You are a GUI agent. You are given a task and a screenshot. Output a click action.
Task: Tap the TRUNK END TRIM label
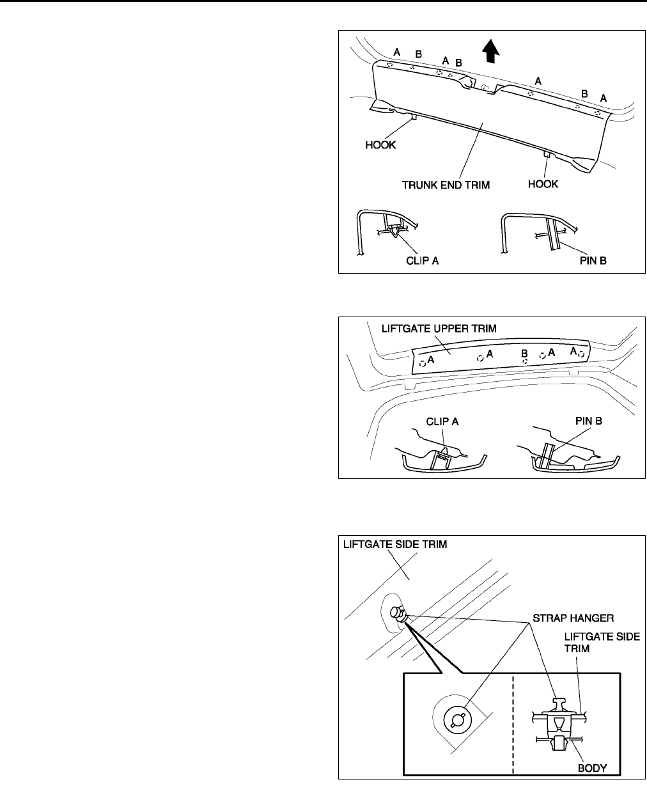(445, 185)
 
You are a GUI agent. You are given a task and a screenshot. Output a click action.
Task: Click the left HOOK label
(380, 145)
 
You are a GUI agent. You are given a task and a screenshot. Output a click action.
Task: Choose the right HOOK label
(543, 184)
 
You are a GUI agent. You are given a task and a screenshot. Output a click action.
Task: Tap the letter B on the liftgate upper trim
(524, 352)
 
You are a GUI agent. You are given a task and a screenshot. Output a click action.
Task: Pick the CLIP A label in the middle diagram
(442, 421)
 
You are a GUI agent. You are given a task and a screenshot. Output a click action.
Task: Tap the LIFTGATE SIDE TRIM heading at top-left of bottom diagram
(394, 544)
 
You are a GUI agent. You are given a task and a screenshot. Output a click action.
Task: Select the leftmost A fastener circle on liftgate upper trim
(423, 363)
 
